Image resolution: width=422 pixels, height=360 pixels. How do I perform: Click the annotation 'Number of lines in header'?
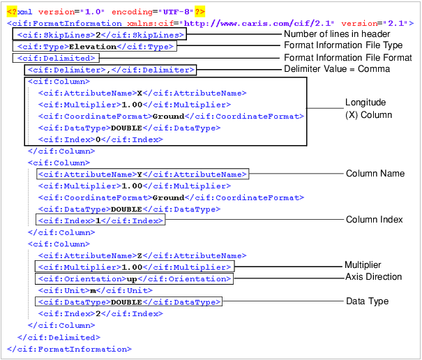coord(336,34)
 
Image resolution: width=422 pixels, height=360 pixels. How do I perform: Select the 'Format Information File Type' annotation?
coord(342,45)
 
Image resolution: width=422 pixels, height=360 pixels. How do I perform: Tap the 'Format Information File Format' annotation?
coord(347,57)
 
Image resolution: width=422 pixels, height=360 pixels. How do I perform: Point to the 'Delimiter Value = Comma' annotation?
coord(337,69)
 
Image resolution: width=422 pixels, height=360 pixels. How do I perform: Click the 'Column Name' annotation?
coord(375,173)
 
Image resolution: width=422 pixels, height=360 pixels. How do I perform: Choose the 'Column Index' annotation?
coord(374,219)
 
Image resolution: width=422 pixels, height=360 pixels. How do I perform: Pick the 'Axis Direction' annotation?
coord(374,277)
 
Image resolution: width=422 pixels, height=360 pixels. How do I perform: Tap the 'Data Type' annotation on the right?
coord(367,301)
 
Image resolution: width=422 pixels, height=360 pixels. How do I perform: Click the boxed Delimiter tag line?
coord(110,70)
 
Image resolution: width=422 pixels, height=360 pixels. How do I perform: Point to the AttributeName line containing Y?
coord(142,174)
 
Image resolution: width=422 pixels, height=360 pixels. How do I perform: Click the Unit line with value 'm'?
coord(95,290)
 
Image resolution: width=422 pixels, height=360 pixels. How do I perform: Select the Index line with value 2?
coord(100,313)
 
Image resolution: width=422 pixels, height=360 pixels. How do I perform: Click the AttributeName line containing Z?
coord(142,255)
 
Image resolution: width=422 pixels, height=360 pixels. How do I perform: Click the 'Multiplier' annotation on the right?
coord(363,265)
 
